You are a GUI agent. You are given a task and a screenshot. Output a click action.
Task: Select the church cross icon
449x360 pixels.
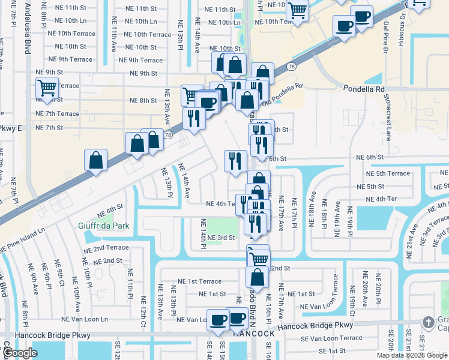click(427, 322)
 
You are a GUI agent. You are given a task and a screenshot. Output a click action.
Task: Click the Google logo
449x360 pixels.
click(19, 353)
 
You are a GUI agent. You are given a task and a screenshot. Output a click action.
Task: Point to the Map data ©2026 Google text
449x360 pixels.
click(412, 355)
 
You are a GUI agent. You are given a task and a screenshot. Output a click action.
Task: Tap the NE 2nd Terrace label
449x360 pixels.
click(106, 248)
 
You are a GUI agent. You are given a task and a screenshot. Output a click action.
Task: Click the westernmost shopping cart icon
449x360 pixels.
click(46, 88)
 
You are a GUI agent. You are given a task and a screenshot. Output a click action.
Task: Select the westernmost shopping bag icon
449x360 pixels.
click(96, 160)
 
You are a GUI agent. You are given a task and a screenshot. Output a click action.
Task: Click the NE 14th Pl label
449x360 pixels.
click(203, 233)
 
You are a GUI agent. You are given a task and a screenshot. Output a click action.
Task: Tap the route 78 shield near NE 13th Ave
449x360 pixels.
click(169, 135)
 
